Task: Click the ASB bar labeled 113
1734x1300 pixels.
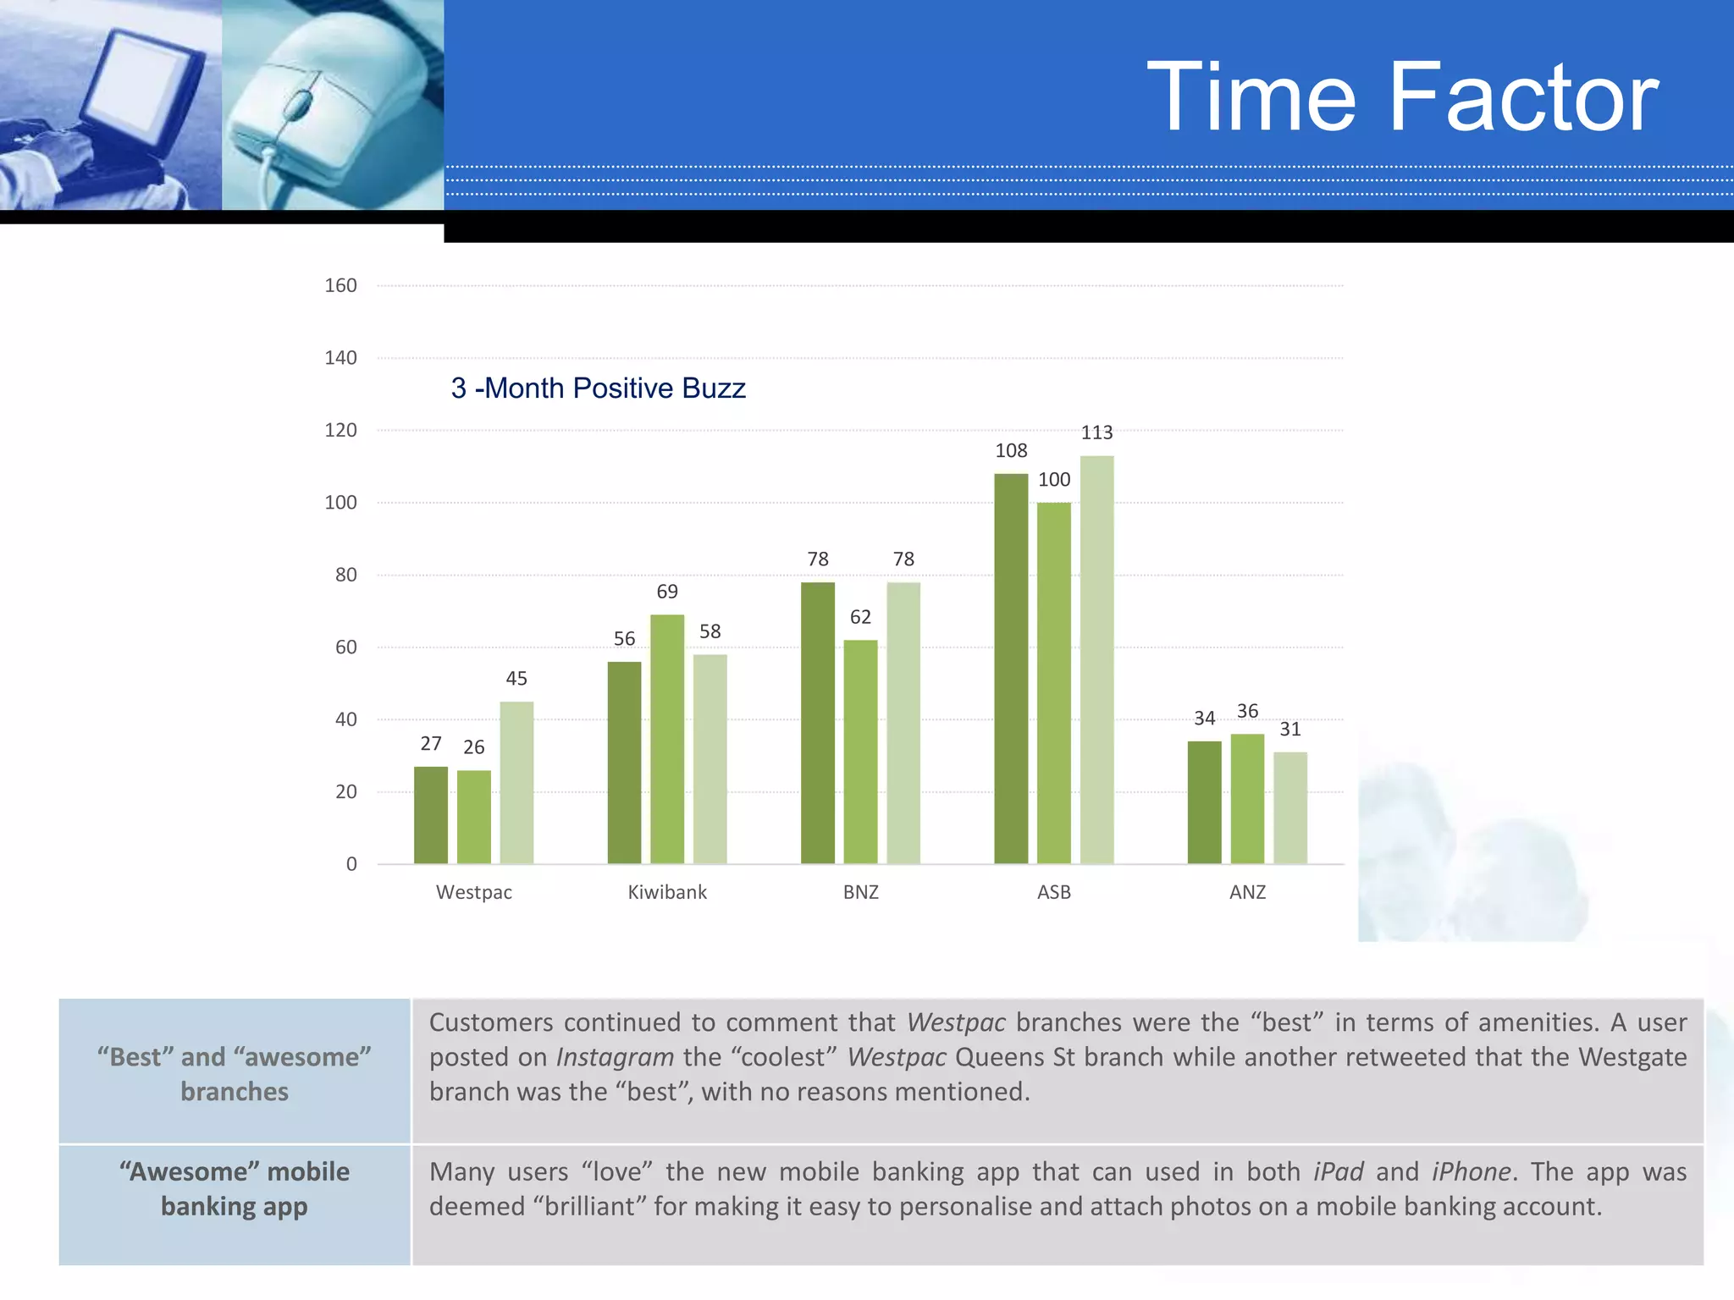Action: coord(1096,660)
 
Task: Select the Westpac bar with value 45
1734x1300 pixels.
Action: coord(516,783)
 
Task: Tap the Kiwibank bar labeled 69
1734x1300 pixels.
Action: coord(667,739)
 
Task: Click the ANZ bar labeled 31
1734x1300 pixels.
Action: coord(1289,807)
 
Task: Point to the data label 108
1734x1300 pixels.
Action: coord(1011,450)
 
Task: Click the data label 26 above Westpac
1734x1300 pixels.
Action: coord(473,746)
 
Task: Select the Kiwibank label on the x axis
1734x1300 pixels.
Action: coord(667,892)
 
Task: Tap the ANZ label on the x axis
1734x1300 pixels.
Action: coord(1247,892)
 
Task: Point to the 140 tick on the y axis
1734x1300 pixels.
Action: coord(340,358)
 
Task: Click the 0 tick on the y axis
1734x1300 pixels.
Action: coord(351,864)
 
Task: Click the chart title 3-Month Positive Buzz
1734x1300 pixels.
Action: coord(598,388)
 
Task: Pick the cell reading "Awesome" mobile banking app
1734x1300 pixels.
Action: coord(235,1189)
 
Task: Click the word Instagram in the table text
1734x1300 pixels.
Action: coord(615,1057)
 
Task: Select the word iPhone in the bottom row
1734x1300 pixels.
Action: coord(1471,1171)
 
